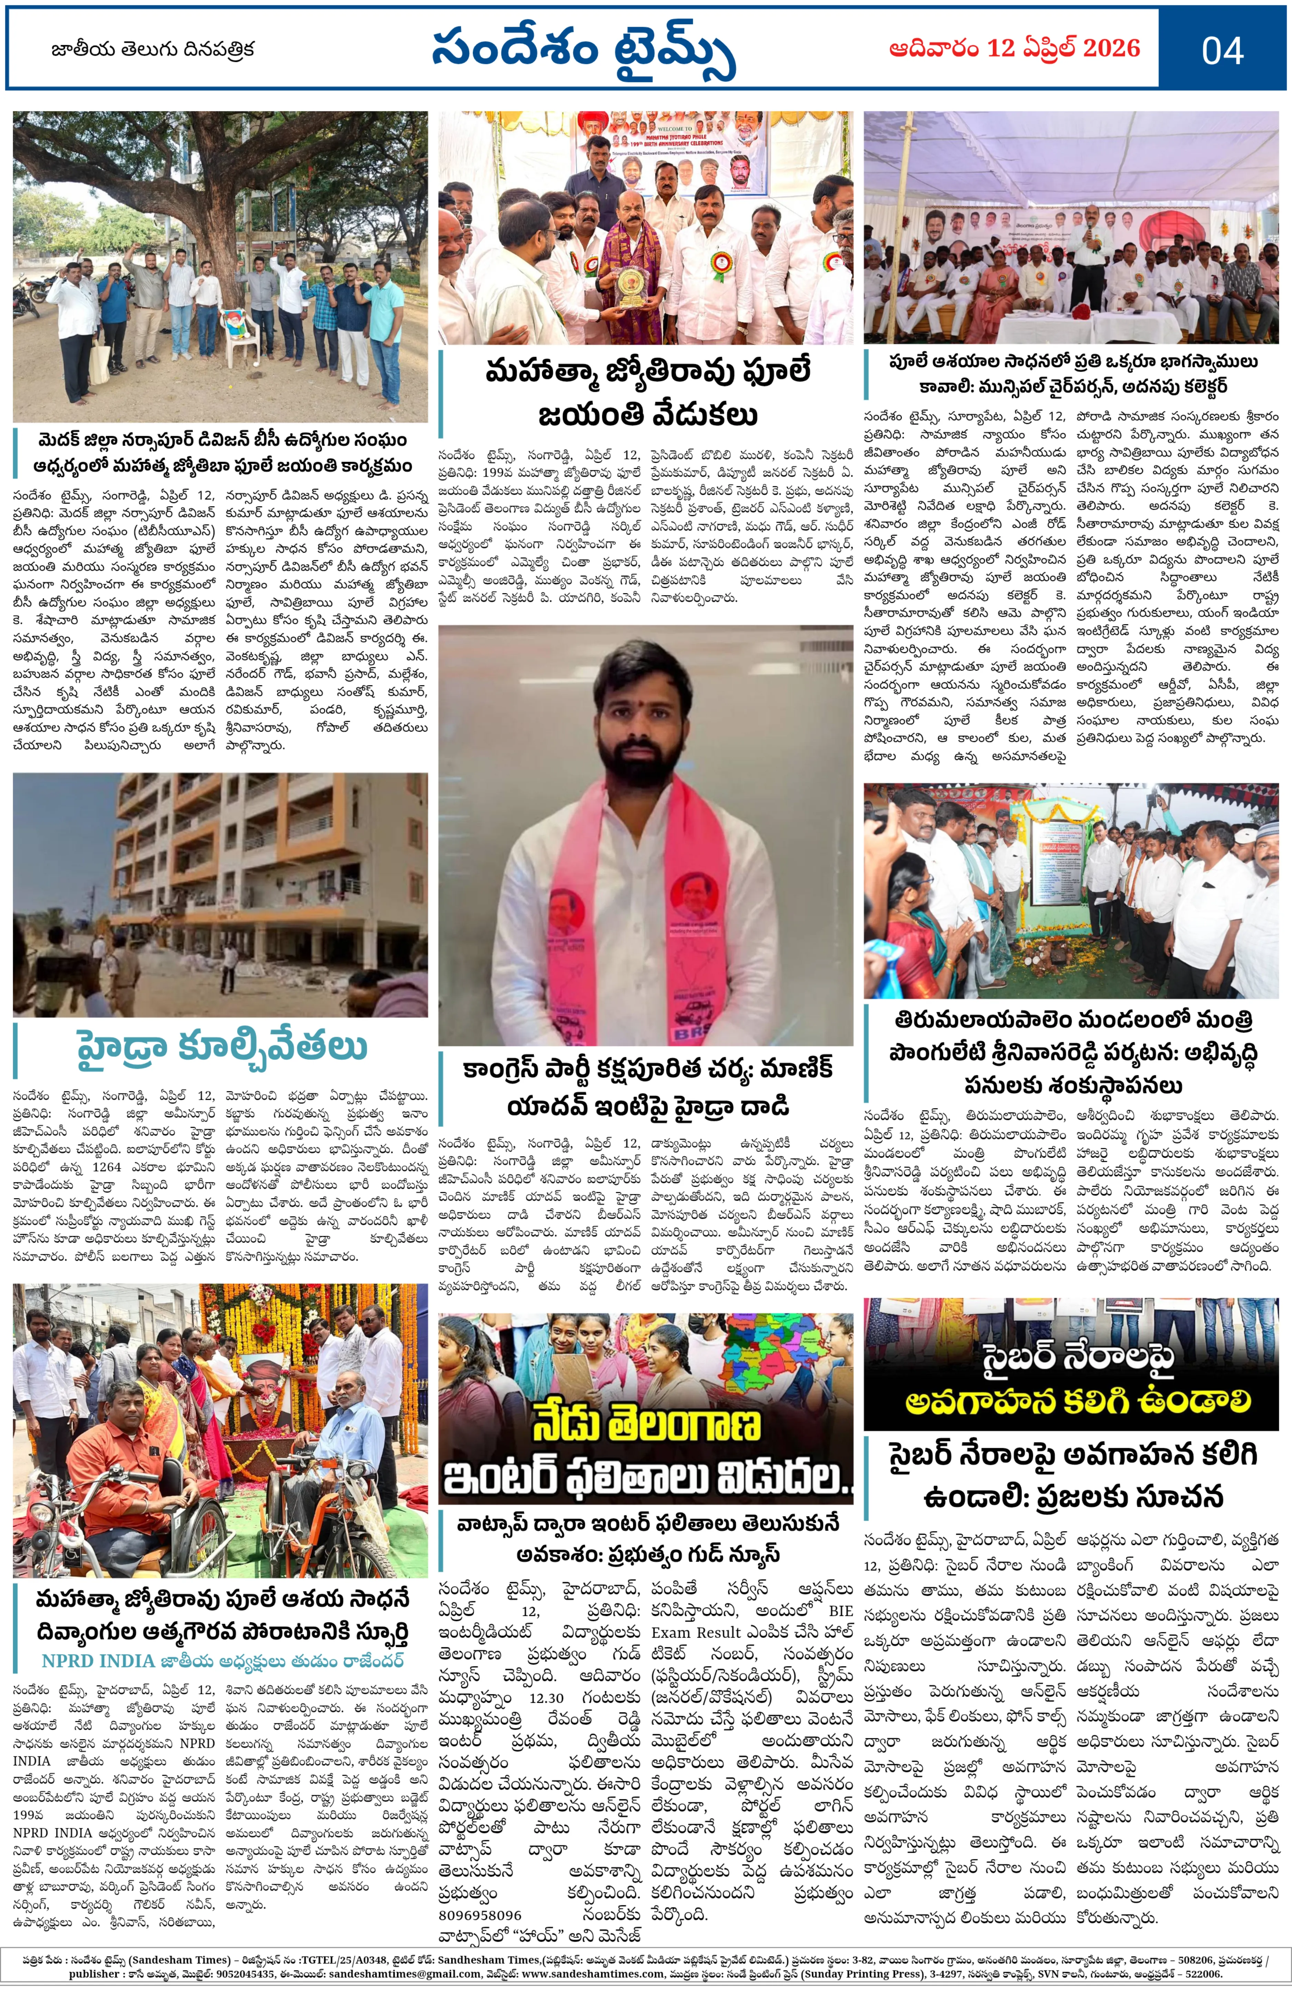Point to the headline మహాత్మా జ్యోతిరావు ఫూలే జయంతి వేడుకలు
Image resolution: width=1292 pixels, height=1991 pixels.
(x=646, y=392)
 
